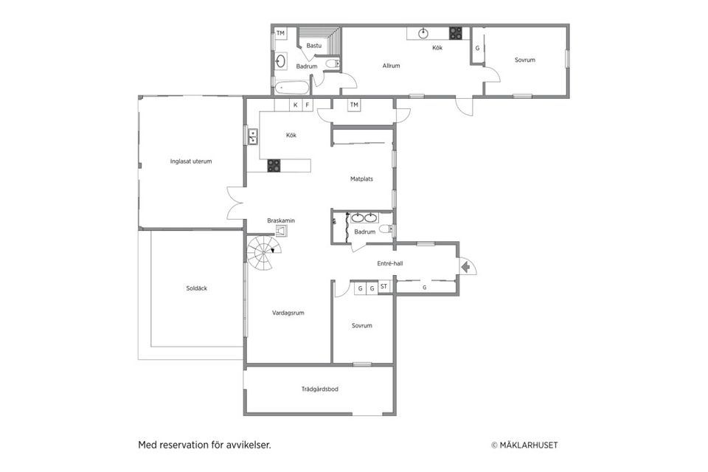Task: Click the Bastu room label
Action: click(314, 46)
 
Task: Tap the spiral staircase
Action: click(264, 252)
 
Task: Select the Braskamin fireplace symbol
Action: click(281, 231)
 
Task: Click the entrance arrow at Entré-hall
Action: click(465, 268)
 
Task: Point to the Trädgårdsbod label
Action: click(319, 389)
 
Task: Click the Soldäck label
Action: click(196, 288)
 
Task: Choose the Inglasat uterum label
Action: click(191, 162)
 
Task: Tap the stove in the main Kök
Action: click(274, 166)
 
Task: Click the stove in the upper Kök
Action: click(455, 33)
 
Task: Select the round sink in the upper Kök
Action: click(423, 33)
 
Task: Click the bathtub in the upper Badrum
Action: click(292, 87)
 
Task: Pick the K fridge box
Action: click(295, 105)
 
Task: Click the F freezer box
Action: click(308, 105)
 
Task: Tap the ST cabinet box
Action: click(383, 286)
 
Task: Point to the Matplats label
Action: click(361, 179)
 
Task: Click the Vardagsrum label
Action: click(288, 313)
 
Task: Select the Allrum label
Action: click(391, 66)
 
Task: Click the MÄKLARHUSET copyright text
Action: click(524, 445)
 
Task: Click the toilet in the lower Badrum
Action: click(386, 229)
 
